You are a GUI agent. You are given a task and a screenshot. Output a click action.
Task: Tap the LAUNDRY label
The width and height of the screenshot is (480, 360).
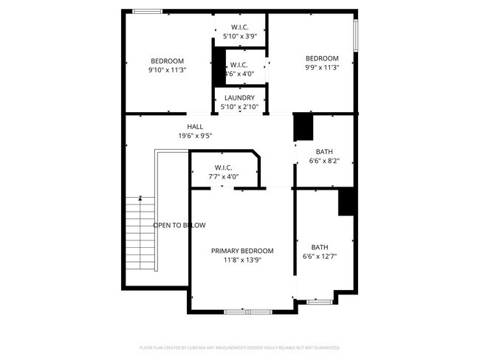pos(240,97)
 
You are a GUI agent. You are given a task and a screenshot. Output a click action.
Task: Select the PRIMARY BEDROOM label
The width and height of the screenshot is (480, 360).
pos(242,251)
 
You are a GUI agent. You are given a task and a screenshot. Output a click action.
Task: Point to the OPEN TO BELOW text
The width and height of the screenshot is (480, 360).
pos(179,225)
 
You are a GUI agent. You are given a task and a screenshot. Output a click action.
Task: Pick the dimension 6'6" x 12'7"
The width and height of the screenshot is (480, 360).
pos(319,257)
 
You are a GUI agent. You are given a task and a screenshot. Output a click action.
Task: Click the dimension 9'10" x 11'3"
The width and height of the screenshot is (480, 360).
pos(167,70)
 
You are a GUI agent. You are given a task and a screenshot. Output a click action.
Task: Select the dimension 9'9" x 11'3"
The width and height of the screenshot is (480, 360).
pos(322,68)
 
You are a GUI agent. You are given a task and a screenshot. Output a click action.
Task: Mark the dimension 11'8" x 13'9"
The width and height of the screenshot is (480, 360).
pos(242,260)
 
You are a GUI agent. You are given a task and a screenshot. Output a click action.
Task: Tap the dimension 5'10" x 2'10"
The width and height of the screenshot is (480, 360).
pos(240,107)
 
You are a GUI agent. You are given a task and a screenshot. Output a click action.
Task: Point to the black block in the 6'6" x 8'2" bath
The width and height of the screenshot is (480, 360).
pos(304,127)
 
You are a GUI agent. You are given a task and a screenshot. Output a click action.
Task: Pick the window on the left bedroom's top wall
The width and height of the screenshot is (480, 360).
pos(148,11)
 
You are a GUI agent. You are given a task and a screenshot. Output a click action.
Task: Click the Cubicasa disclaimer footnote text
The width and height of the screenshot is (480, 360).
pos(240,347)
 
